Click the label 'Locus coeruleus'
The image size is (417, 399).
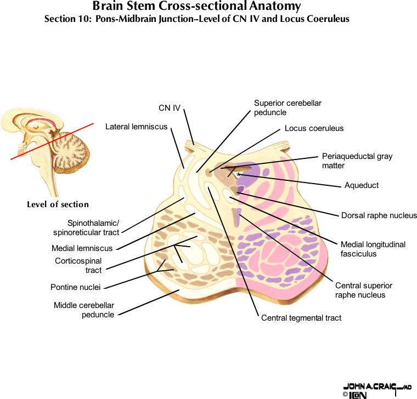(x=314, y=128)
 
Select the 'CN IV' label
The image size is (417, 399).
(x=170, y=108)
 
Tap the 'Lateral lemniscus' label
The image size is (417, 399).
(x=137, y=127)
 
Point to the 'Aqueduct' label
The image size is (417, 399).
(x=361, y=185)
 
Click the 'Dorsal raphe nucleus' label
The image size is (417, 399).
(x=379, y=215)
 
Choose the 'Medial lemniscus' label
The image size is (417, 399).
(x=82, y=248)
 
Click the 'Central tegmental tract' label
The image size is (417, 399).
(x=301, y=318)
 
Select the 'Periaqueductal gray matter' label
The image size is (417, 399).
(x=357, y=161)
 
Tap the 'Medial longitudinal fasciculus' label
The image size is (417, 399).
(x=373, y=249)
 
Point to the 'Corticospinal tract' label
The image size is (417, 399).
(x=78, y=265)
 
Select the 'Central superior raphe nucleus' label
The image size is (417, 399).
(x=364, y=290)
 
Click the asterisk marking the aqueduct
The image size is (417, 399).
(x=238, y=174)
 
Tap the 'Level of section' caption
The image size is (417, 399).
(x=58, y=204)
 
